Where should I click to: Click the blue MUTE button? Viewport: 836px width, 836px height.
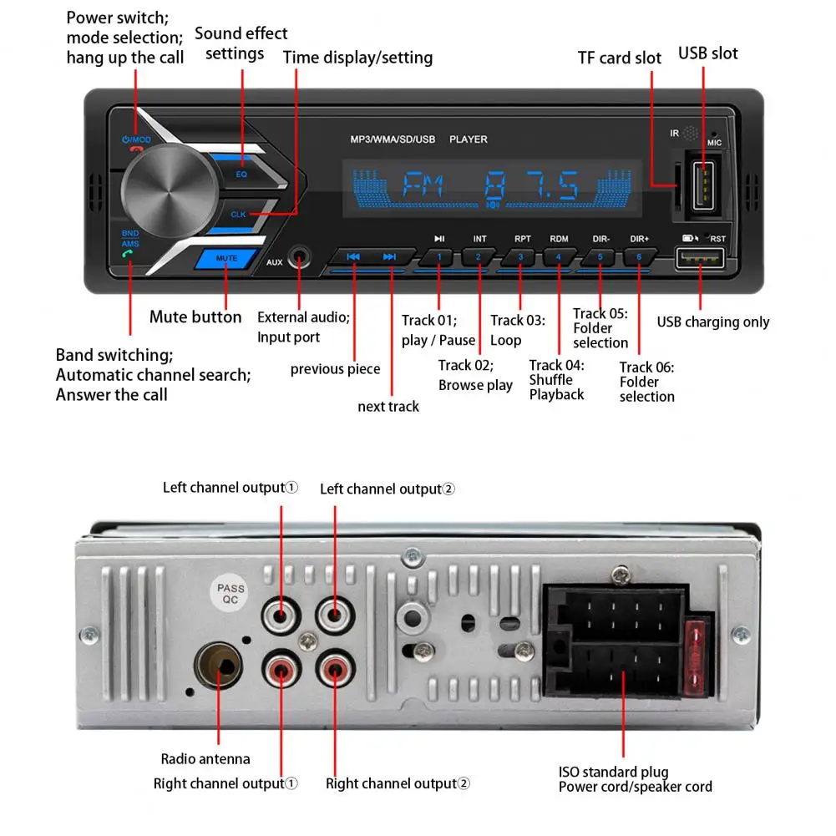point(226,259)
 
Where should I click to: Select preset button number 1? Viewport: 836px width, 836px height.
point(439,257)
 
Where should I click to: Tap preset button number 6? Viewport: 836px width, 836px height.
point(639,257)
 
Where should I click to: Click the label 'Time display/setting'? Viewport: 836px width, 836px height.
point(357,58)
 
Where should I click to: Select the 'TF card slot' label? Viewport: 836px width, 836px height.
point(619,58)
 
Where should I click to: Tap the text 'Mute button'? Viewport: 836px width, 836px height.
point(195,317)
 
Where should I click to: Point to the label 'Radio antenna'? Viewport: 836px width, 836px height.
point(205,759)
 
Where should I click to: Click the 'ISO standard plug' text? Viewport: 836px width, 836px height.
point(613,772)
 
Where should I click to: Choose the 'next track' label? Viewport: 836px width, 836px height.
point(388,407)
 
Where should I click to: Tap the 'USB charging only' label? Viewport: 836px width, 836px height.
point(713,322)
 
